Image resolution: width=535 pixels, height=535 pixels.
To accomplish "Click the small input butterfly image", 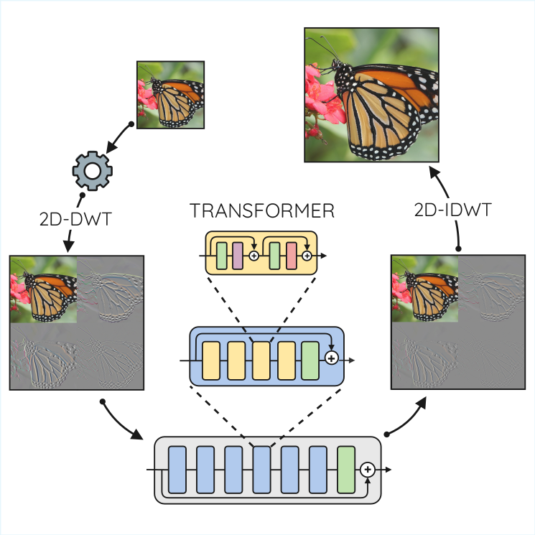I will [x=170, y=95].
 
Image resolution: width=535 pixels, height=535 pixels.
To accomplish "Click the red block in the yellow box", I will [x=291, y=256].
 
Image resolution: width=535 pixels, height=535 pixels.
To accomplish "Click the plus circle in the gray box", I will [x=368, y=470].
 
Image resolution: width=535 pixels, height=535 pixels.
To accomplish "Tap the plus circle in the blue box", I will [x=331, y=358].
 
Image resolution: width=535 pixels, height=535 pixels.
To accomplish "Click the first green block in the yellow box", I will [x=222, y=256].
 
